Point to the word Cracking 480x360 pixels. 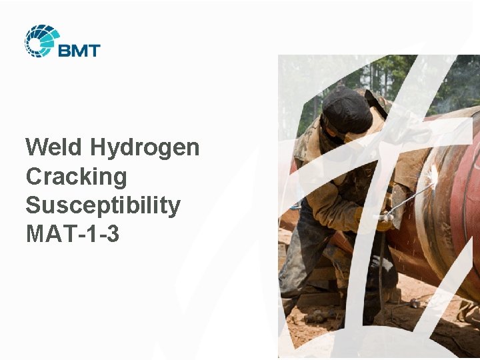click(76, 177)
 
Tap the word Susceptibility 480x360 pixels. click(103, 206)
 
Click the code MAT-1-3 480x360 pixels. click(72, 234)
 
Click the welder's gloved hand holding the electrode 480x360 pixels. click(382, 219)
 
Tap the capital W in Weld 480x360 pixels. click(36, 147)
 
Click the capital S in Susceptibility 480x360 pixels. click(33, 205)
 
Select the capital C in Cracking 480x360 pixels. click(34, 177)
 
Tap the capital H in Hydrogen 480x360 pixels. click(98, 147)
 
